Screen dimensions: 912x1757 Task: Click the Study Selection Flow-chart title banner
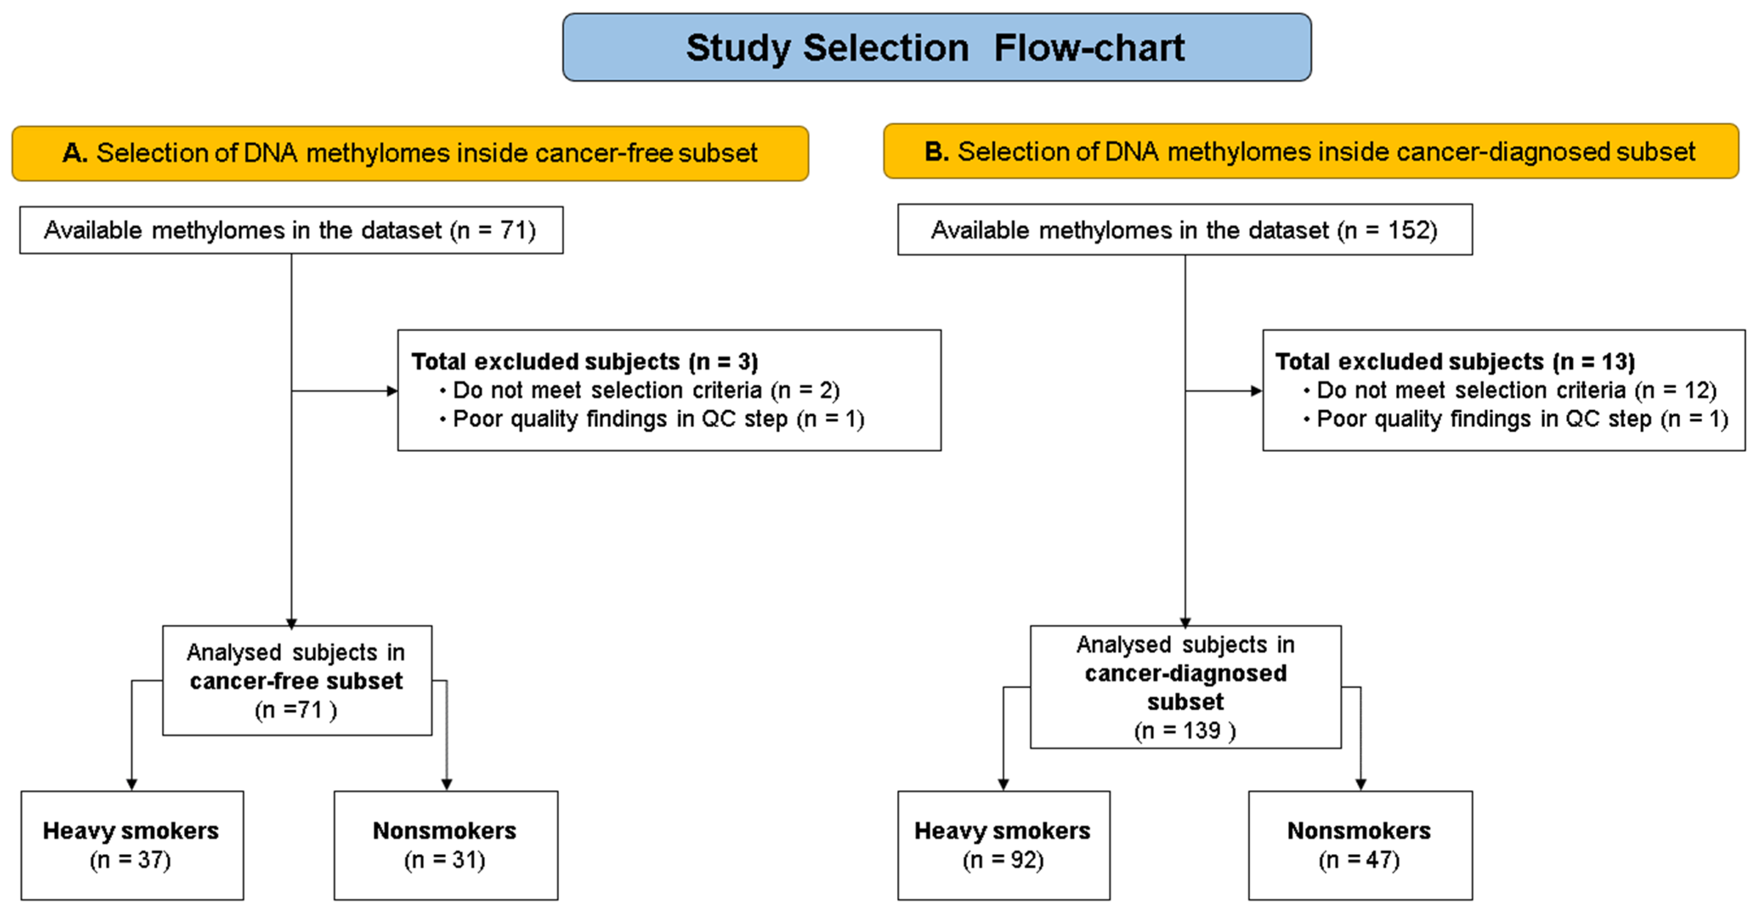pyautogui.click(x=936, y=48)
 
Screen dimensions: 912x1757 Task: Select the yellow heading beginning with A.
pyautogui.click(x=410, y=153)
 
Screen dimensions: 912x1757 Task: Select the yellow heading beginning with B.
pyautogui.click(x=1310, y=151)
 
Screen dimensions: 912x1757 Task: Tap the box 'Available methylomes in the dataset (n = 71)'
pyautogui.click(x=291, y=231)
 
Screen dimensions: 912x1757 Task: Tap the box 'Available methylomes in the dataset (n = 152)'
pyautogui.click(x=1184, y=231)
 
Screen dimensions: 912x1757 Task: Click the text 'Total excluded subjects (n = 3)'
pyautogui.click(x=585, y=362)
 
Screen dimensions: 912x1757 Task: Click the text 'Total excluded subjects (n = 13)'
pyautogui.click(x=1455, y=362)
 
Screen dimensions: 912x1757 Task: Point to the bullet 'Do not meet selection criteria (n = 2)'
pyautogui.click(x=645, y=390)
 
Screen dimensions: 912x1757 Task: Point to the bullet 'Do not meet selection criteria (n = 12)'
pyautogui.click(x=1516, y=390)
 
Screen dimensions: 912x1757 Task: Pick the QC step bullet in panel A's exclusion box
pyautogui.click(x=658, y=419)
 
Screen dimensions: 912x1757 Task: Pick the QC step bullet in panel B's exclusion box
pyautogui.click(x=1522, y=419)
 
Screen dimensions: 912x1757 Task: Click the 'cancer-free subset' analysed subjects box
pyautogui.click(x=297, y=681)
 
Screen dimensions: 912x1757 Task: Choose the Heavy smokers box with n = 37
pyautogui.click(x=132, y=845)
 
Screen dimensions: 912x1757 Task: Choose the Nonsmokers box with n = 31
pyautogui.click(x=445, y=845)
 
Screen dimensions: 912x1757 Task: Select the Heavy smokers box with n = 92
pyautogui.click(x=1003, y=845)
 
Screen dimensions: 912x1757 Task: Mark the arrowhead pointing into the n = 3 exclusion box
pyautogui.click(x=392, y=391)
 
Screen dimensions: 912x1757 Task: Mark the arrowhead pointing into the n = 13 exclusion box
pyautogui.click(x=1256, y=391)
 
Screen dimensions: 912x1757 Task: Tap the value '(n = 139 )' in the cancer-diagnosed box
pyautogui.click(x=1185, y=731)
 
